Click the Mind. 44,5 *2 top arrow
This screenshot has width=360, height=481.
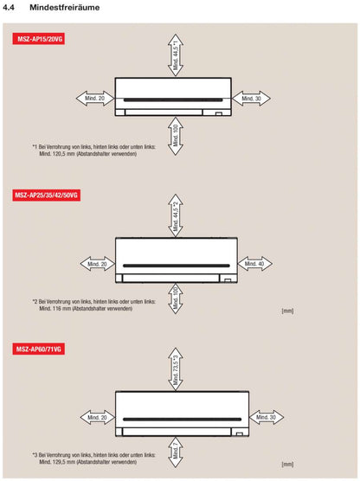tap(175, 216)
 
